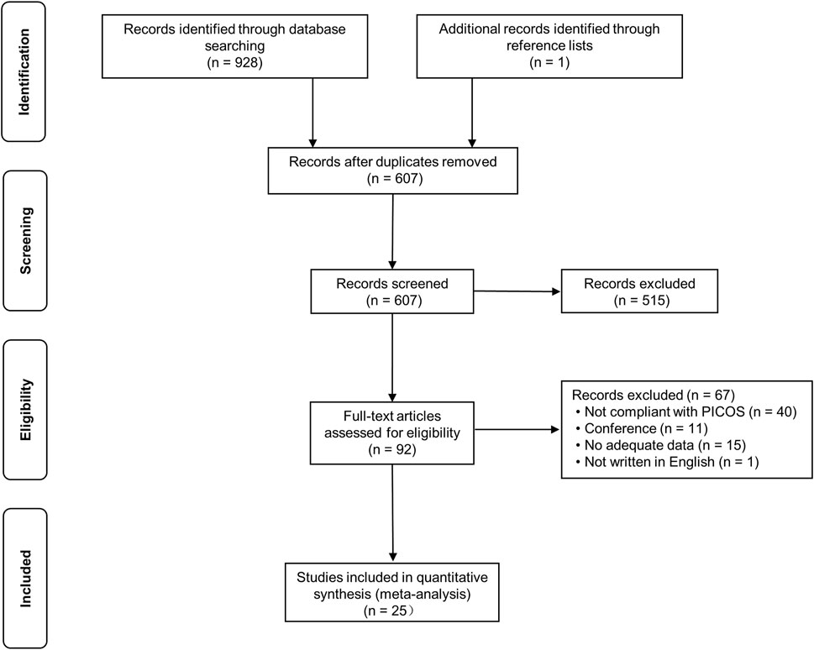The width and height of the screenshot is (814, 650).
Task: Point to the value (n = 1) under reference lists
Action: click(x=549, y=62)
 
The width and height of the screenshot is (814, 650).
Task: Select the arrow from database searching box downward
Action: click(x=313, y=109)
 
